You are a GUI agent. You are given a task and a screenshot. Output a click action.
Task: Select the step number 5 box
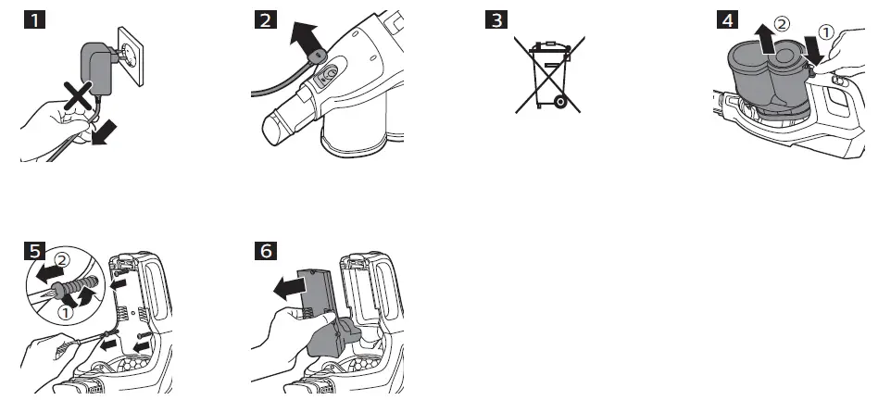(x=32, y=252)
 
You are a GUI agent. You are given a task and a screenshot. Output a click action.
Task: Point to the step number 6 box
(x=264, y=252)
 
